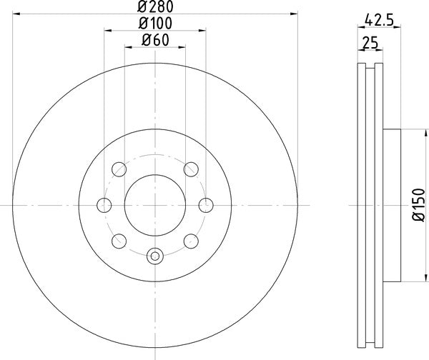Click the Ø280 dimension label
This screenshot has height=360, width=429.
155,8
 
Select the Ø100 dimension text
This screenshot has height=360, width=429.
155,24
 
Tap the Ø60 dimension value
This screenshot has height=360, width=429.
155,40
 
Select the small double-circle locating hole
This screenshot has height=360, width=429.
155,255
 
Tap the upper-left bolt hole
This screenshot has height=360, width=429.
119,170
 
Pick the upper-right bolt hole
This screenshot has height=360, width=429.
190,170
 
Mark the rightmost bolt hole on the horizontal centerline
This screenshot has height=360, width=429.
205,206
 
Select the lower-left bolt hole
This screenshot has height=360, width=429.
119,241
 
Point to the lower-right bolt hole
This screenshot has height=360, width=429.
190,241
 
